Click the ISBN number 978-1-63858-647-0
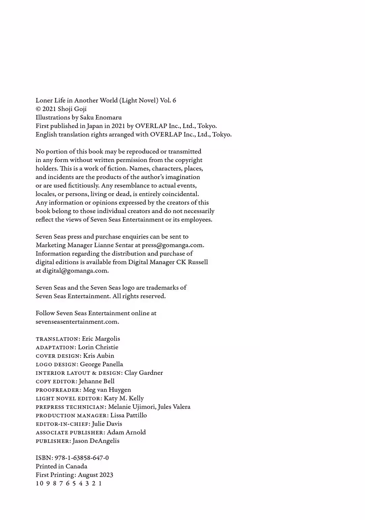coord(81,458)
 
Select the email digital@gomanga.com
coord(75,271)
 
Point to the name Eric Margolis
coord(101,339)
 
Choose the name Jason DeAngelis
coord(96,441)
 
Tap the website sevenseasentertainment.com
coord(77,322)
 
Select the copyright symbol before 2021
coord(38,109)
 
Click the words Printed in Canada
coord(62,466)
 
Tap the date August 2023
coord(95,475)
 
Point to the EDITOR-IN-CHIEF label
coord(63,424)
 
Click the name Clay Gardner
coord(144,373)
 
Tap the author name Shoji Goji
coord(72,109)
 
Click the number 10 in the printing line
coord(40,484)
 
